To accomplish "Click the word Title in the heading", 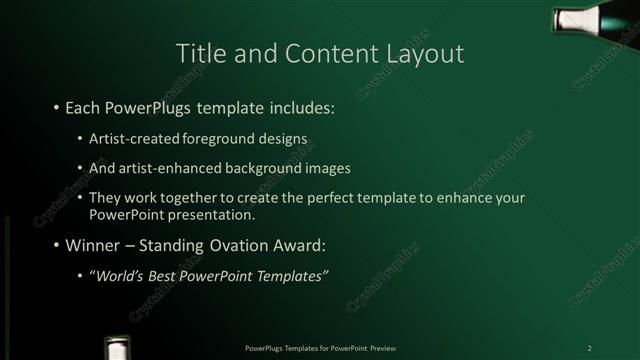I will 199,54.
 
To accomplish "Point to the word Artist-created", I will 131,137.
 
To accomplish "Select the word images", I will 327,168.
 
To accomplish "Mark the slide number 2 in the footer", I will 589,347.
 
